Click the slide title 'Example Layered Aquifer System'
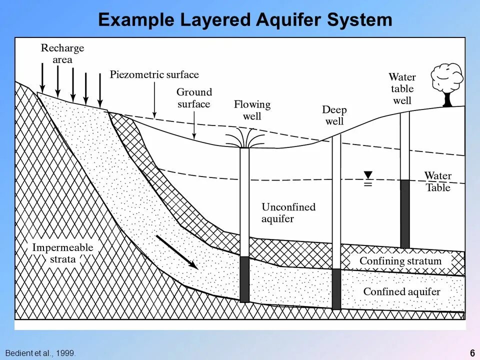245,20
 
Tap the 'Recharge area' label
62,54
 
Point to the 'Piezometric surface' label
154,75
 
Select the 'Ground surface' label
194,98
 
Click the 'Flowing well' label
252,110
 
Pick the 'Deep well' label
334,115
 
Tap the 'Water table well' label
402,88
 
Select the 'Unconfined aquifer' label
288,212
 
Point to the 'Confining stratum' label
400,261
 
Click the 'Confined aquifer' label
401,291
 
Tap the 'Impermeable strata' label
62,253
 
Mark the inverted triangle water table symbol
368,175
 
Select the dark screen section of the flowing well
244,279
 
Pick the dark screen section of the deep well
336,289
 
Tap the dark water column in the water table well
404,213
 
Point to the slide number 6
472,353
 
